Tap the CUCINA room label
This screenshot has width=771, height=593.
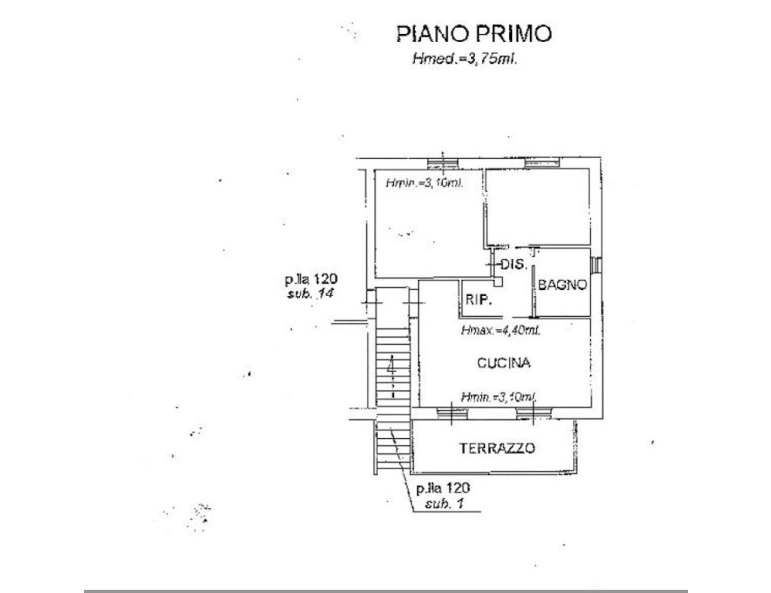coord(503,363)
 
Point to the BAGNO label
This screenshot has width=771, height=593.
coord(562,285)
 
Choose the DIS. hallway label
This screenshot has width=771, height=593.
coord(512,265)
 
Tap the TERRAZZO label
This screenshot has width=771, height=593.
coord(496,448)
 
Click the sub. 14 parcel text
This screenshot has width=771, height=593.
coord(305,295)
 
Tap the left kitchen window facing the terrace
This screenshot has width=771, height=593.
coord(450,409)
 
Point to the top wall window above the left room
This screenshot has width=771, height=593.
coord(441,161)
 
